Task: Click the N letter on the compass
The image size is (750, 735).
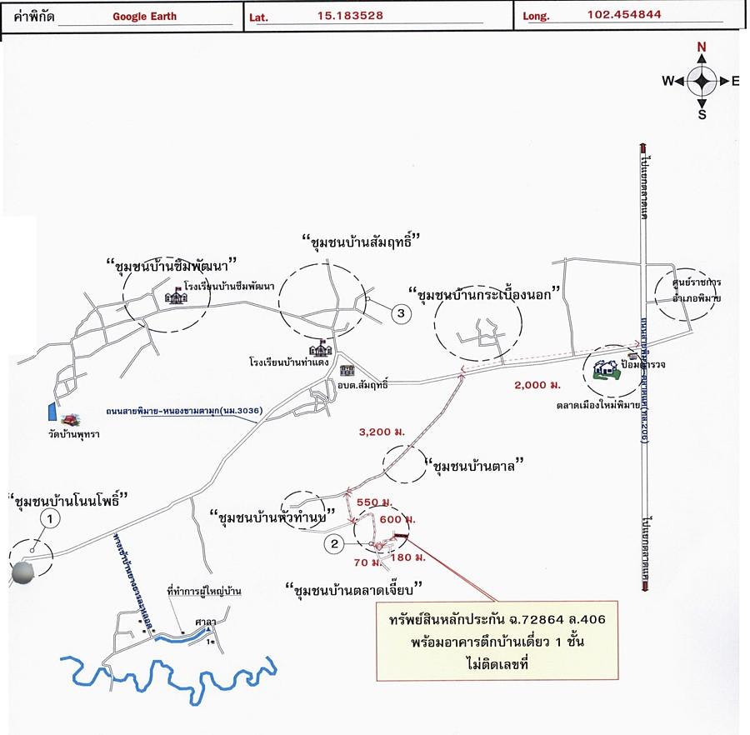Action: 702,47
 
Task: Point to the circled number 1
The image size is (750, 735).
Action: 52,519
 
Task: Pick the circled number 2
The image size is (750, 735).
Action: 333,545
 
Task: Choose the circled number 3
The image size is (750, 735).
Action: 401,313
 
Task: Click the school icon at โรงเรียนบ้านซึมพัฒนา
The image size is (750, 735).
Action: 176,297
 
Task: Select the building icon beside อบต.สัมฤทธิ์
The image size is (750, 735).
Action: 347,370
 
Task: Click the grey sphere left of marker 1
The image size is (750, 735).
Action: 24,573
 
